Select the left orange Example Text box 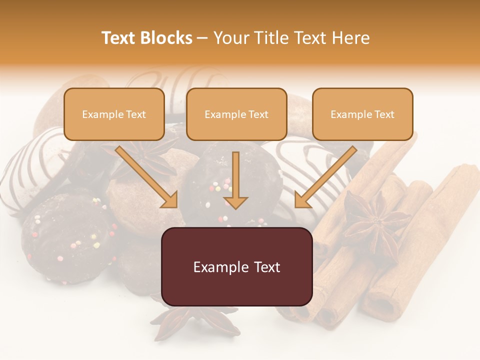(x=114, y=114)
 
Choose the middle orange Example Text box (x=236, y=114)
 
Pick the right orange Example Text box (x=362, y=114)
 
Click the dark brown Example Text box (x=237, y=267)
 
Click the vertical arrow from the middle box (x=236, y=180)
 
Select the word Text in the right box (x=384, y=114)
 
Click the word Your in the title (x=229, y=38)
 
